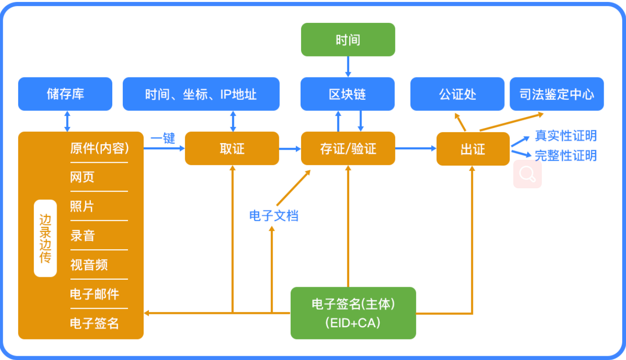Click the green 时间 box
point(348,39)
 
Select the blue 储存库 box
point(65,94)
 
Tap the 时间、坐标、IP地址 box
point(201,94)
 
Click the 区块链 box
point(348,94)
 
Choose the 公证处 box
point(458,94)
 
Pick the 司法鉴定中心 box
point(557,94)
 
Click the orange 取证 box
point(232,148)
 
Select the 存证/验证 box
point(348,148)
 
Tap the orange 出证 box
point(473,149)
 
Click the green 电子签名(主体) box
point(353,313)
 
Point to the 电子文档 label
point(274,216)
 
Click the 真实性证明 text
point(566,136)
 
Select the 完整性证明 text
point(566,156)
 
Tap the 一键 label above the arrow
point(163,138)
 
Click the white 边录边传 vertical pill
point(45,238)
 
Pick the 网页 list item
point(82,177)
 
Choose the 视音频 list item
point(89,265)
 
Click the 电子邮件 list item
point(95,294)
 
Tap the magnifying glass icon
point(528,174)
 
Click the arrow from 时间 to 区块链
point(348,67)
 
